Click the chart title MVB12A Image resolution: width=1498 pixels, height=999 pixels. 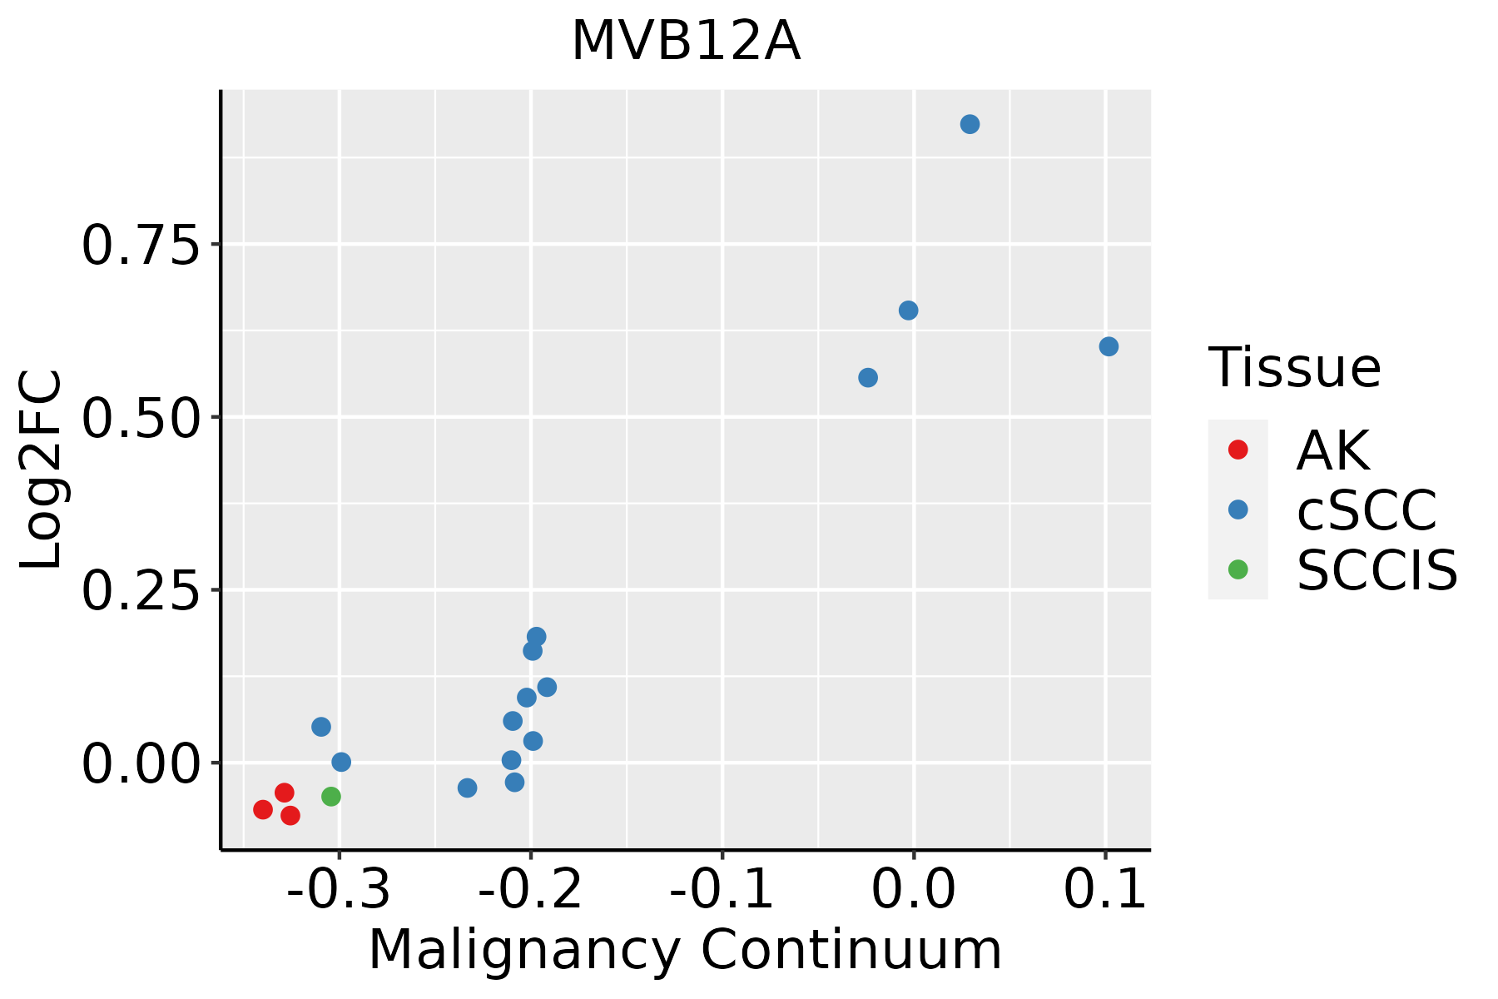coord(686,42)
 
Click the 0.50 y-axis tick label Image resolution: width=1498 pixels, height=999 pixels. coord(141,418)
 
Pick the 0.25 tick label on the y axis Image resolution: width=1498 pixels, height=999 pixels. coord(141,591)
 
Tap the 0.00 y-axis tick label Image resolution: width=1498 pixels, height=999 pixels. coord(141,764)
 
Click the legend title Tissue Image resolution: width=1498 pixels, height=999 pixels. coord(1294,367)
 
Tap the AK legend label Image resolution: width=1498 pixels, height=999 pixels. coord(1332,450)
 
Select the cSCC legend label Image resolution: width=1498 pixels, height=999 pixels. coord(1367,510)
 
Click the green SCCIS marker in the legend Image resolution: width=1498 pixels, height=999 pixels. coord(1238,570)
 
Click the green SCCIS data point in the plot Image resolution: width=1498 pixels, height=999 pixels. coord(331,797)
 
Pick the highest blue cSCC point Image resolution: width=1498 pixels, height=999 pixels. coord(970,124)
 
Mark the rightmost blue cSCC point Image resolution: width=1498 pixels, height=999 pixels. coord(1109,346)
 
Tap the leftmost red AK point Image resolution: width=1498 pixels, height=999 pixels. coord(263,809)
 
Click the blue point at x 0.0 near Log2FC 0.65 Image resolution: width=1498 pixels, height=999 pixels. coord(909,311)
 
